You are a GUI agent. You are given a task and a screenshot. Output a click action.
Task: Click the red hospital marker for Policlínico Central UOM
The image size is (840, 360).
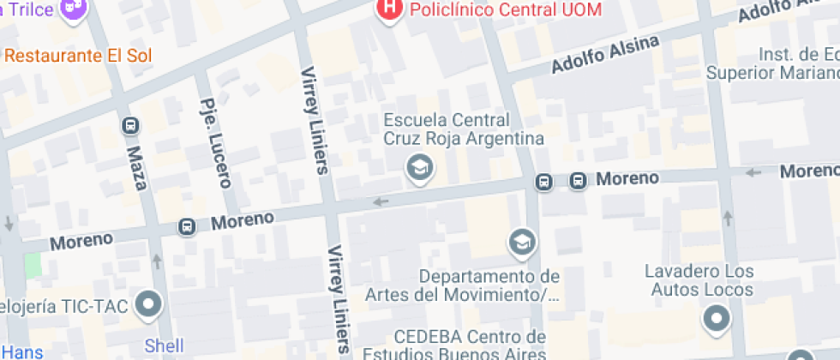(390, 9)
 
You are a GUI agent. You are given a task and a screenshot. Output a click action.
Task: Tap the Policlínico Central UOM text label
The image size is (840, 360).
(505, 9)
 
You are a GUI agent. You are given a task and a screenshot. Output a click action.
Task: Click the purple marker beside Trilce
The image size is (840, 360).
(75, 9)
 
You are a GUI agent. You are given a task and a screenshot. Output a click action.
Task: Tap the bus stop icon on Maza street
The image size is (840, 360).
(130, 125)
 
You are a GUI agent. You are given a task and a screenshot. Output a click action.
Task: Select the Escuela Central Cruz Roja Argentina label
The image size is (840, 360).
(464, 129)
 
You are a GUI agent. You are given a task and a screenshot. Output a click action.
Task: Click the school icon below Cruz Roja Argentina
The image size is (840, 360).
(419, 167)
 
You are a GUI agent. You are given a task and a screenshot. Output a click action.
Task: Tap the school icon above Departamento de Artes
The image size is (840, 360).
(521, 243)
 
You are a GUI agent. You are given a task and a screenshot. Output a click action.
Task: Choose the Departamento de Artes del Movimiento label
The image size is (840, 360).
(487, 286)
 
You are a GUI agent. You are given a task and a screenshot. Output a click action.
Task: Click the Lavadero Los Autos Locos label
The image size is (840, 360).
(701, 280)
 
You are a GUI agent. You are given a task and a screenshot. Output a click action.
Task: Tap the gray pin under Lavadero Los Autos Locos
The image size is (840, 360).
(716, 321)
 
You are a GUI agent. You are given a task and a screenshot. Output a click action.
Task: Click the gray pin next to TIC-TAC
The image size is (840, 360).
(150, 303)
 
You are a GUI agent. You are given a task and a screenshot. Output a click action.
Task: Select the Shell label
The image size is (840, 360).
(164, 346)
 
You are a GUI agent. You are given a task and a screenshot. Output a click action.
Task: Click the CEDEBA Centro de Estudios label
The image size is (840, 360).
(470, 343)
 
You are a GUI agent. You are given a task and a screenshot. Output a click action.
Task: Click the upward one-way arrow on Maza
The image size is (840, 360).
(156, 260)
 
